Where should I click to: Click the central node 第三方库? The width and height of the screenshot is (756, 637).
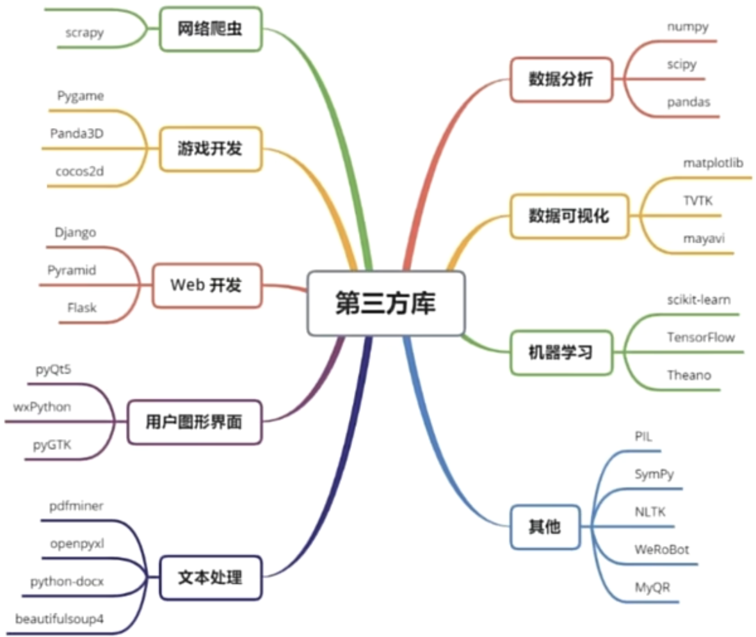point(386,303)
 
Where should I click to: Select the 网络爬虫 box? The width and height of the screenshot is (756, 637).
point(211,29)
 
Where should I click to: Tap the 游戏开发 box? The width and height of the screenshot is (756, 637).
point(211,150)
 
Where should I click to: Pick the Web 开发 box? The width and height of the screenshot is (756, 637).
point(207,286)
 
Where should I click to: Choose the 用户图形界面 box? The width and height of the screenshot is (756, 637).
point(195,423)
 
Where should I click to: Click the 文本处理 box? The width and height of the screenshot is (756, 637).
point(211,578)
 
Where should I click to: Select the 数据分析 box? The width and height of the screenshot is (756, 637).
point(561,79)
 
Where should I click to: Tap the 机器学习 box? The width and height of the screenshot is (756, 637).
point(561,351)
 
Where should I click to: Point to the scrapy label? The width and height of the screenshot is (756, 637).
point(84,32)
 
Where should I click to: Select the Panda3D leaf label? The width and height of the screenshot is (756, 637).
point(77,134)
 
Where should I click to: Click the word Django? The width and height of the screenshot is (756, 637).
point(76,232)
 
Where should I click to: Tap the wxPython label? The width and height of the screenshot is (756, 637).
point(42,407)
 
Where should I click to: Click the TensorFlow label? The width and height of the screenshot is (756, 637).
point(701,337)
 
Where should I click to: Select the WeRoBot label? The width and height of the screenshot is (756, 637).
point(662,549)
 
